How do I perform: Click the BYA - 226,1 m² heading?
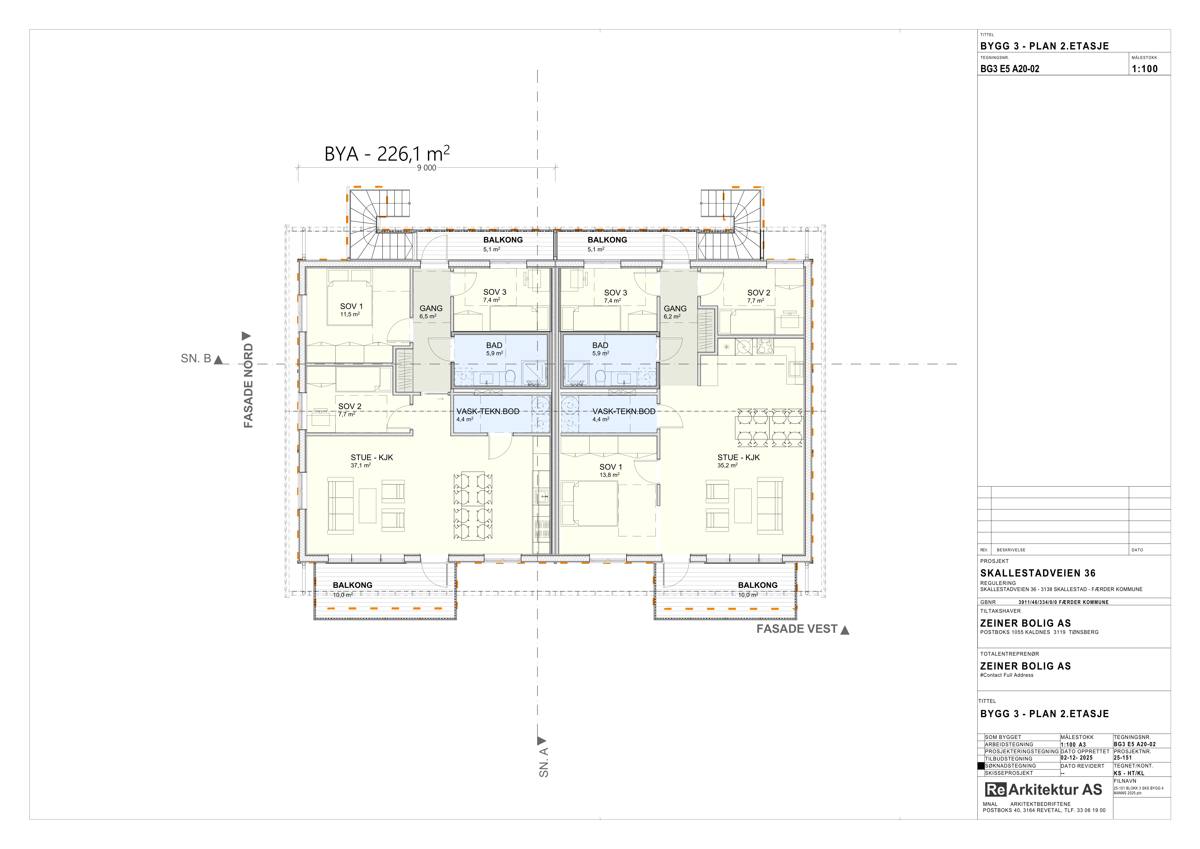pyautogui.click(x=387, y=154)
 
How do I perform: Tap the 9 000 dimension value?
pyautogui.click(x=427, y=168)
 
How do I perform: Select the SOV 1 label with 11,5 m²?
pyautogui.click(x=351, y=306)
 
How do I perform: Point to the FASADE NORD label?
pyautogui.click(x=248, y=385)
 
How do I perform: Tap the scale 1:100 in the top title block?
pyautogui.click(x=1145, y=69)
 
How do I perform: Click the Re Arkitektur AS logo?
pyautogui.click(x=1043, y=789)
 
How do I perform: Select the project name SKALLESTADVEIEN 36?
pyautogui.click(x=1037, y=573)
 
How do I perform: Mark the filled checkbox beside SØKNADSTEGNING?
pyautogui.click(x=981, y=766)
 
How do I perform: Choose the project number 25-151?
pyautogui.click(x=1123, y=758)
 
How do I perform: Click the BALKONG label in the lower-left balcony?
pyautogui.click(x=353, y=585)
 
